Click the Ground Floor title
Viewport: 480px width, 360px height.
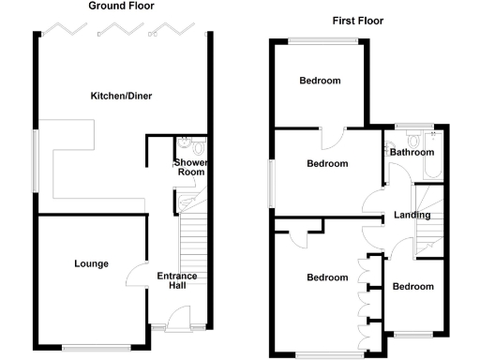pos(122,6)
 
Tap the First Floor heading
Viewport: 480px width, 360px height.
pos(358,21)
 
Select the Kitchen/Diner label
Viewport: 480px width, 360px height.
pos(121,96)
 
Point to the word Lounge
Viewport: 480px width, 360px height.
pos(92,263)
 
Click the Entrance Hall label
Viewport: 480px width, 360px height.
pos(176,280)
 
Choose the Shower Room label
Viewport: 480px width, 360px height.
pos(191,167)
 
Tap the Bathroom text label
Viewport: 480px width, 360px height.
pos(412,153)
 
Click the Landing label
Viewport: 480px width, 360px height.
pos(412,215)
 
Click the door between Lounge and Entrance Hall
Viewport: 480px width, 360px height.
pos(136,277)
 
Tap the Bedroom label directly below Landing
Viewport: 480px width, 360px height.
pos(413,286)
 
